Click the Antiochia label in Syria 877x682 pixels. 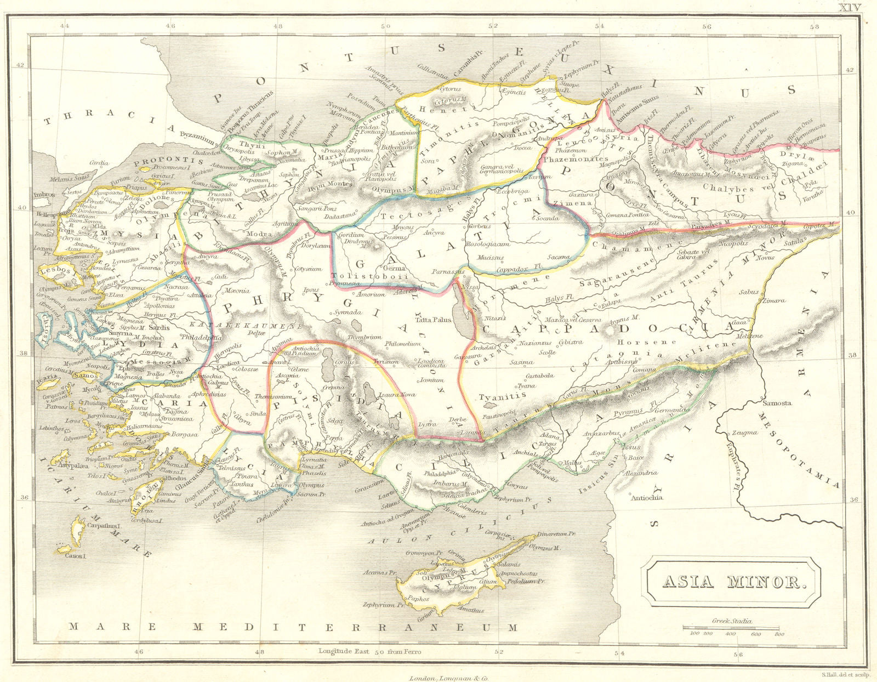pyautogui.click(x=647, y=498)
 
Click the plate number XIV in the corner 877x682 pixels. pyautogui.click(x=853, y=7)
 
